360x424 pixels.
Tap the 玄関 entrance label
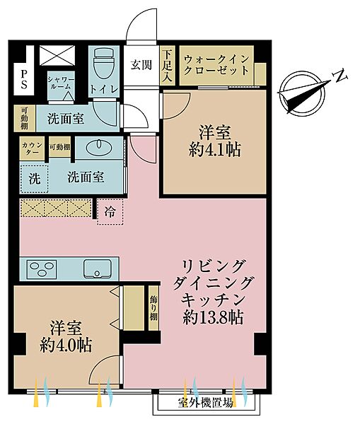141,65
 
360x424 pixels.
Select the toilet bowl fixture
103,66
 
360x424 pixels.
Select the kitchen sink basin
97,269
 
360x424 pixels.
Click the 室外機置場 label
206,404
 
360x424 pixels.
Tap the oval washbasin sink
98,148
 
